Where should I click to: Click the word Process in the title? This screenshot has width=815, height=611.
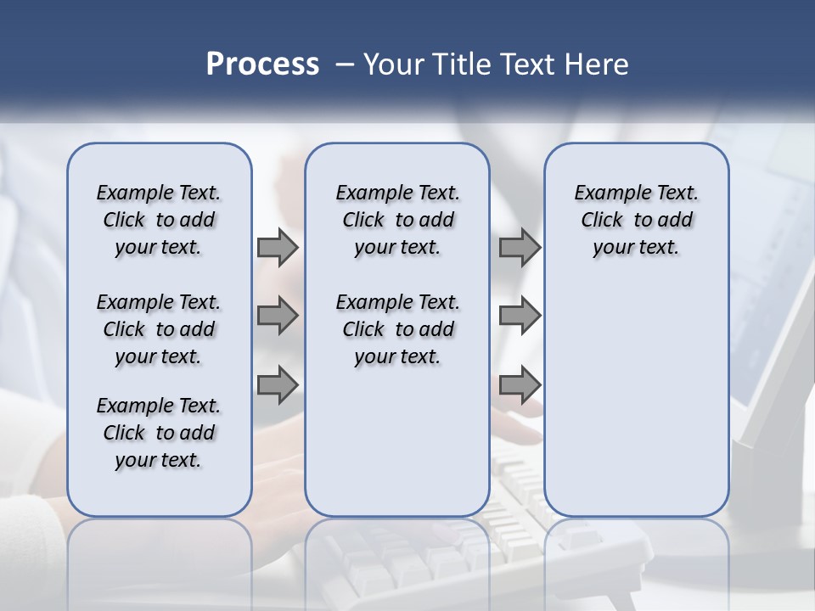pos(262,64)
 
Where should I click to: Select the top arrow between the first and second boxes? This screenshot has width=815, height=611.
pos(278,248)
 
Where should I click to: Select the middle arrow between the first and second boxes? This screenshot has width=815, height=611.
pos(278,317)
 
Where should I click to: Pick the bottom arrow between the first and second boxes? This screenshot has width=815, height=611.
pos(278,385)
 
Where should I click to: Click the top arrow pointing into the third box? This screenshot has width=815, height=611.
pos(520,248)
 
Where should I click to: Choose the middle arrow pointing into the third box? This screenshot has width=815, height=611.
pos(520,317)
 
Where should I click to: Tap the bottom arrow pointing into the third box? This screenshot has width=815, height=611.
pos(520,385)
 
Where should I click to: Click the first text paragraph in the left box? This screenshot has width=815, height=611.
pos(159,220)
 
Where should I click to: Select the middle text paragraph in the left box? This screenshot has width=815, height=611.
pos(159,329)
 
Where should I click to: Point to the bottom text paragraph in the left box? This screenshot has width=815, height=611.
pos(159,433)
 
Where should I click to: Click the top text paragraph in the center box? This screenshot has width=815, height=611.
pos(397,220)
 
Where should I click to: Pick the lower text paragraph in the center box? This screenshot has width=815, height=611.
pos(397,329)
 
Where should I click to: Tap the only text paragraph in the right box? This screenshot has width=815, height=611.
pos(636,220)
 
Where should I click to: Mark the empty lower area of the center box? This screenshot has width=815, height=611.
pos(397,441)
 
